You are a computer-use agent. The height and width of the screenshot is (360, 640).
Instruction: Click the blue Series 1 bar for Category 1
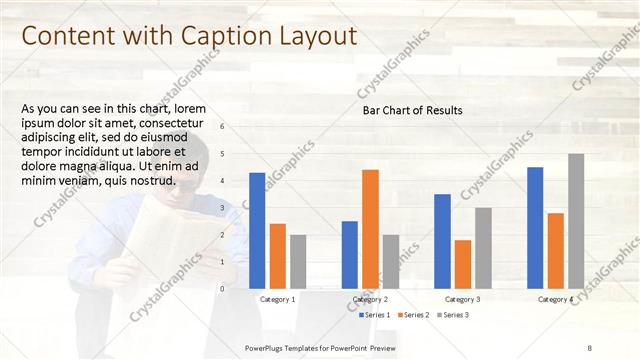point(257,230)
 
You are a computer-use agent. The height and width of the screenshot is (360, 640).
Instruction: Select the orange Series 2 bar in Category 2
point(370,228)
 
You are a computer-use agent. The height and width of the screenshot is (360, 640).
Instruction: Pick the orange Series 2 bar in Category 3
point(463,264)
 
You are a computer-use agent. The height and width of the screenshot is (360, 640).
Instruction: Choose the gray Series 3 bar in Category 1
point(298,261)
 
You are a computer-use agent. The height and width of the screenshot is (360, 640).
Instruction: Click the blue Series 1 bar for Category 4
point(535,227)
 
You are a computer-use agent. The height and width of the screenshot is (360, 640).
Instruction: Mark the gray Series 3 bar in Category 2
point(390,261)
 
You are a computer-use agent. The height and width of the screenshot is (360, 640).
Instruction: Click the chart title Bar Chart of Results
point(412,110)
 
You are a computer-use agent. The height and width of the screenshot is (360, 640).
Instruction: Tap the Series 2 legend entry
point(414,315)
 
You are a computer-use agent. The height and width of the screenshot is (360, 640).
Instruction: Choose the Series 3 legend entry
point(452,315)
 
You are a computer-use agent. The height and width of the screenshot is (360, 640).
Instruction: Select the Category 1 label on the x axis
point(277,299)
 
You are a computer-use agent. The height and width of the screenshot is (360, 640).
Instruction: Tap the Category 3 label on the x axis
point(462,299)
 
